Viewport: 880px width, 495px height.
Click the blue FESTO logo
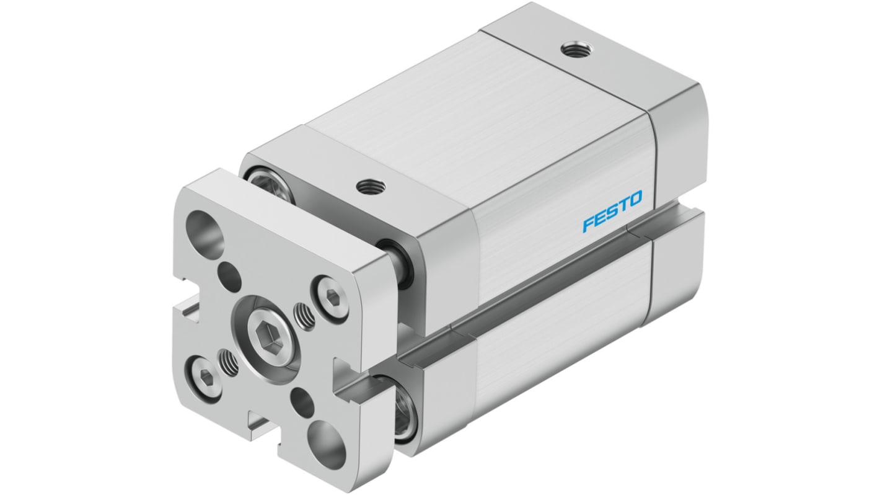(x=612, y=212)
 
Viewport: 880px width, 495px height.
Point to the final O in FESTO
(x=635, y=200)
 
